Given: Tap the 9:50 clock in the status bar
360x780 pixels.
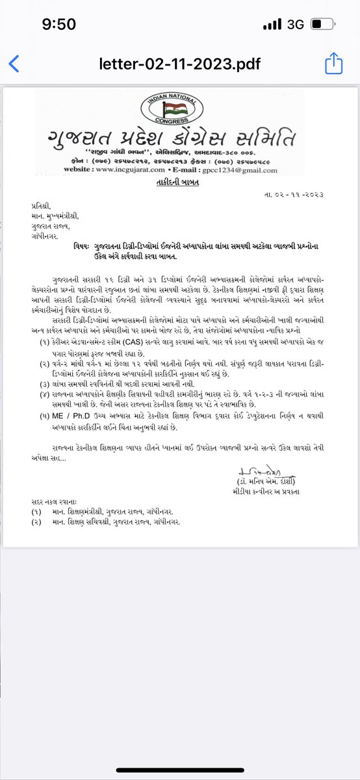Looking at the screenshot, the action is (59, 25).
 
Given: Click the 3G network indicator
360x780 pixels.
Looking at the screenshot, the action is (296, 25).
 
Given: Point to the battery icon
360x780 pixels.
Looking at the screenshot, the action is (323, 25).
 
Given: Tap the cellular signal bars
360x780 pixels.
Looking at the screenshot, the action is (272, 25).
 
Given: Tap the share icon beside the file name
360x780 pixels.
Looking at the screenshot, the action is (333, 64).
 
